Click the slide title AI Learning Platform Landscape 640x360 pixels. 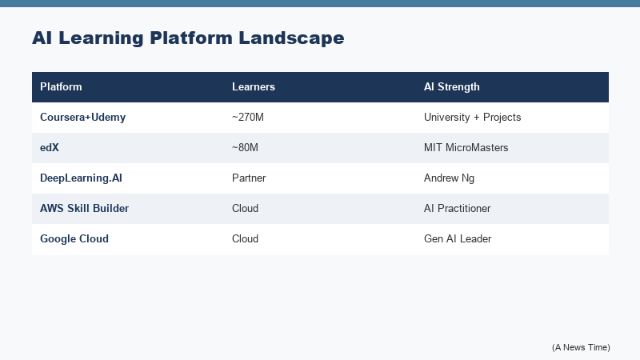pyautogui.click(x=188, y=38)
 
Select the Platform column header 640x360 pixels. pyautogui.click(x=61, y=86)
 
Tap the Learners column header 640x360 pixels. pyautogui.click(x=254, y=86)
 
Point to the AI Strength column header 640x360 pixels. pyautogui.click(x=452, y=86)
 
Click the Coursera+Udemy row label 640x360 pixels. pyautogui.click(x=83, y=117)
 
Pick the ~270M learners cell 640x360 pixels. pyautogui.click(x=248, y=117)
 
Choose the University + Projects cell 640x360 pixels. pyautogui.click(x=472, y=117)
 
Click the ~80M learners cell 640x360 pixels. pyautogui.click(x=246, y=147)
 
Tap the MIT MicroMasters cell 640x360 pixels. pyautogui.click(x=466, y=147)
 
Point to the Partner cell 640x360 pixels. pyautogui.click(x=249, y=178)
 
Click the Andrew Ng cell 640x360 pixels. pyautogui.click(x=448, y=178)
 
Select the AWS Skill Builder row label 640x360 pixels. pyautogui.click(x=84, y=208)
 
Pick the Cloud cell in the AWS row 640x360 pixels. pyautogui.click(x=246, y=208)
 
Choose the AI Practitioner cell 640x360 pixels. pyautogui.click(x=458, y=208)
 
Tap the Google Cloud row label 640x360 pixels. pyautogui.click(x=74, y=238)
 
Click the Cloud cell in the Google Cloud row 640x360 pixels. pyautogui.click(x=246, y=238)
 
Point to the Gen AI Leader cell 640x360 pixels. pyautogui.click(x=456, y=238)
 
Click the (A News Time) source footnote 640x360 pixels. pyautogui.click(x=581, y=346)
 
